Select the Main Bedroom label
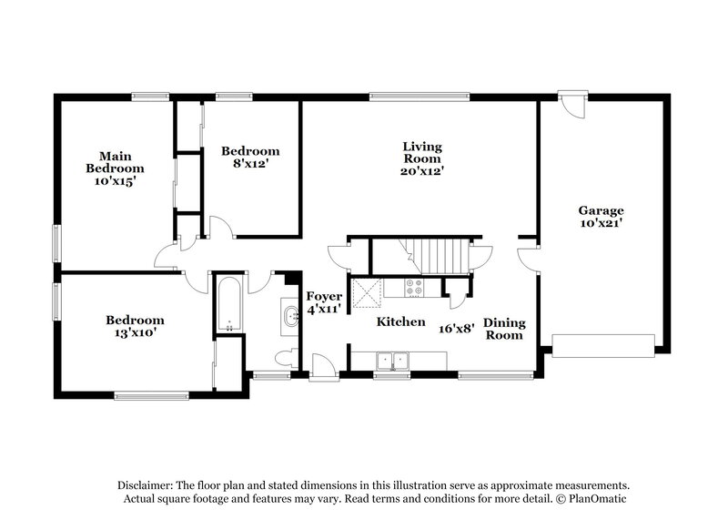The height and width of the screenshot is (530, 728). coord(116,162)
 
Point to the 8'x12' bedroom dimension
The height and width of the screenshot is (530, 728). coord(250,165)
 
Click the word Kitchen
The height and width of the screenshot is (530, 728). coord(401,321)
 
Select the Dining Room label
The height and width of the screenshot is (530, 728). coord(503,328)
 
